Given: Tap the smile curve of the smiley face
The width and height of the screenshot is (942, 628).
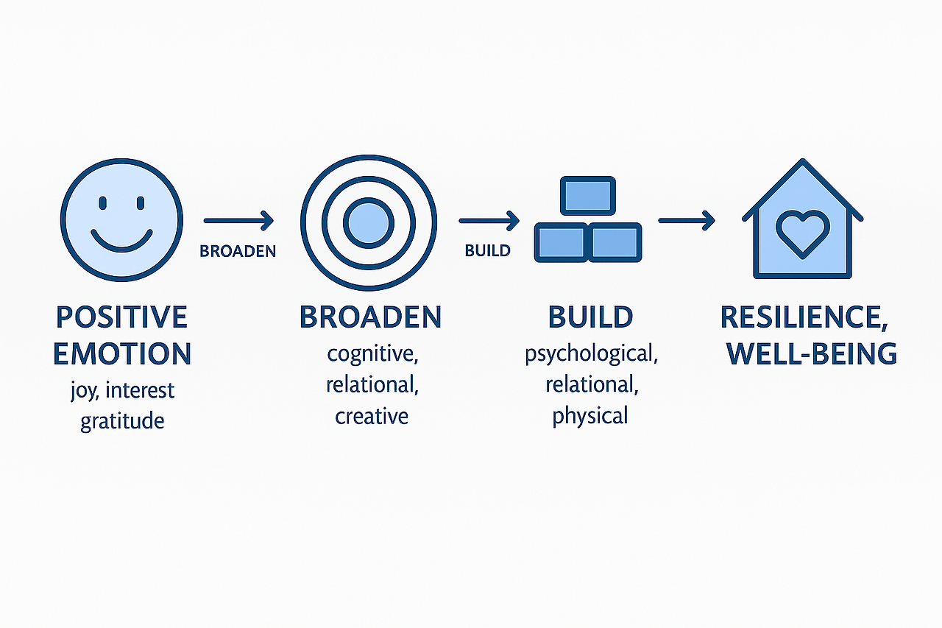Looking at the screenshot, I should [121, 241].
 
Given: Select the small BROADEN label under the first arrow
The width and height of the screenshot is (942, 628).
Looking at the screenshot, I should [238, 251].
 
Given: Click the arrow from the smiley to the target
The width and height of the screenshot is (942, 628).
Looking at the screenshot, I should [238, 220].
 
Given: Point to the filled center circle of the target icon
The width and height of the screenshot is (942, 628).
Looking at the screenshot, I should [368, 222].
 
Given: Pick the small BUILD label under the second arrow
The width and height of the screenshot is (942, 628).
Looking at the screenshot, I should [487, 251].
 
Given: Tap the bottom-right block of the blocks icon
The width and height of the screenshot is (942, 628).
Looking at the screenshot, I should [616, 241].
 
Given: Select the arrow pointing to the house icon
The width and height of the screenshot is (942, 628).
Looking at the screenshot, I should [686, 219].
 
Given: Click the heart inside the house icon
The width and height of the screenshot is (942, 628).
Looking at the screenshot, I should [802, 233].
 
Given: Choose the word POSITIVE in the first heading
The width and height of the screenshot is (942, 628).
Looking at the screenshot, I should [121, 317].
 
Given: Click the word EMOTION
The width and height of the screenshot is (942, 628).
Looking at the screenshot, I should [122, 353].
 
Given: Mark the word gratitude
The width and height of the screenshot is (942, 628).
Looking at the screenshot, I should [122, 422].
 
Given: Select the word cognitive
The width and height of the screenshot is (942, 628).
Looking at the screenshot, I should [372, 354].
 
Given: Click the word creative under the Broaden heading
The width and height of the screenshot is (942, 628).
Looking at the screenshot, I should [372, 417].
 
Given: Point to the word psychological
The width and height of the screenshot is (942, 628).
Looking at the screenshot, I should [591, 354].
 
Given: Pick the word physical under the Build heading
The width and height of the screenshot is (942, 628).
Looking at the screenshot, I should [590, 417].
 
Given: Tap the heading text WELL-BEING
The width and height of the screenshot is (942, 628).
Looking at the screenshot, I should [811, 353].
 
